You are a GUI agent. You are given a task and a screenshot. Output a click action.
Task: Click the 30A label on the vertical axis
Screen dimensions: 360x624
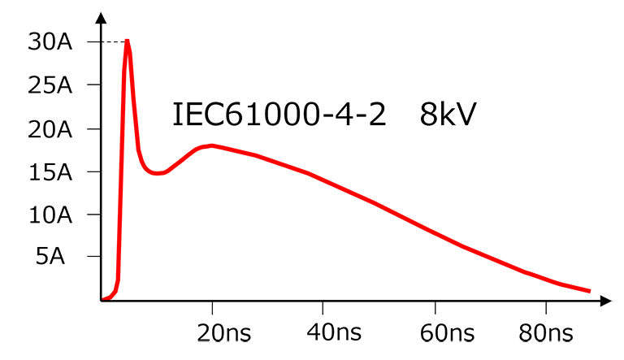[x=50, y=42]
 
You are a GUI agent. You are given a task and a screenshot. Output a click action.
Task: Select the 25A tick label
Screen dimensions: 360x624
[x=50, y=85]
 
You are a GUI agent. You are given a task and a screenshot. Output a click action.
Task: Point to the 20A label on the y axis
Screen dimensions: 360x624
[x=50, y=129]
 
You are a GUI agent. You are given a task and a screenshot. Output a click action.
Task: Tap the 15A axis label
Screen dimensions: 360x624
[x=50, y=172]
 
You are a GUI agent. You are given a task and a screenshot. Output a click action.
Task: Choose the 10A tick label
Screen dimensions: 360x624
[x=50, y=215]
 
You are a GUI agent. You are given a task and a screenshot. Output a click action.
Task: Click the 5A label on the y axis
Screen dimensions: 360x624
[x=55, y=258]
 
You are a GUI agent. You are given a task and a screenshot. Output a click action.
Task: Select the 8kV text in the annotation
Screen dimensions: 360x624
[x=448, y=115]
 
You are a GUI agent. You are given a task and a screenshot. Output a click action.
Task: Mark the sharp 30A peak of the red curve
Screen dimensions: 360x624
[x=128, y=41]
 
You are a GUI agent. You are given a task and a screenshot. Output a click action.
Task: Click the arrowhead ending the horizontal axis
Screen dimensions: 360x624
[x=604, y=301]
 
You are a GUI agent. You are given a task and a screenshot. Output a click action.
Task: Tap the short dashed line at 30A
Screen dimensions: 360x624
[x=114, y=41]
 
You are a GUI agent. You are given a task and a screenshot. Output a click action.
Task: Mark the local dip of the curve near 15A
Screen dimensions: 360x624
[x=157, y=173]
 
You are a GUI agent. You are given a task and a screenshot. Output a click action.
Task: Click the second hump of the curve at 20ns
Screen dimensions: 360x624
[x=212, y=145]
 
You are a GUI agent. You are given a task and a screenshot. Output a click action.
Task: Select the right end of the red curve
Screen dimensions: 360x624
[x=588, y=291]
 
